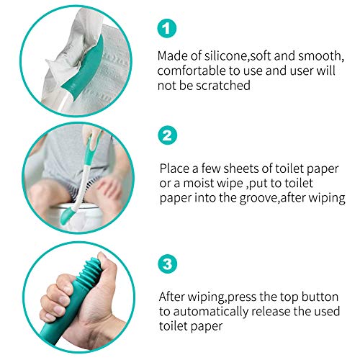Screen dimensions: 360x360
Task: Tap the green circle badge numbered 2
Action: [x=166, y=135]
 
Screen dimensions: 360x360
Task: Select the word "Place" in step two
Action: [x=176, y=167]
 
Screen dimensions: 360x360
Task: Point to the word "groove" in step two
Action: [x=269, y=197]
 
